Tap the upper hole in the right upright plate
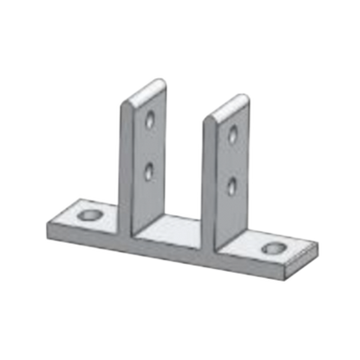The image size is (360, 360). point(232,136)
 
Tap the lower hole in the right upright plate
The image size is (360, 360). point(232,184)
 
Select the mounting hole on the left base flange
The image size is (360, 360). point(88,216)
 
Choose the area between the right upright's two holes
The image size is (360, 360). point(232,160)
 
